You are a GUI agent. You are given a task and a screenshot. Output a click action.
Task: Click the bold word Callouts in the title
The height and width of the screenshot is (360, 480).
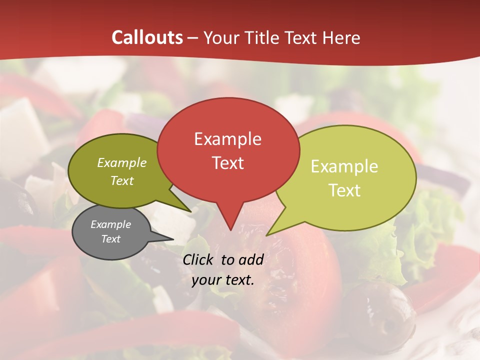147,37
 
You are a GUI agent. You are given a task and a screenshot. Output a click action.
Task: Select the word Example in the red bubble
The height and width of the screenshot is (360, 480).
227,138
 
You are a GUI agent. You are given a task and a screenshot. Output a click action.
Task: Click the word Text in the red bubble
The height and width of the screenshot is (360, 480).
227,162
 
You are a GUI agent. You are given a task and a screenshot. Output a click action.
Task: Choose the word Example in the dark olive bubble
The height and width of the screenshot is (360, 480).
122,162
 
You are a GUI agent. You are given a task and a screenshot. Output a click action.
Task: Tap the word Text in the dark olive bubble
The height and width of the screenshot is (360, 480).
122,180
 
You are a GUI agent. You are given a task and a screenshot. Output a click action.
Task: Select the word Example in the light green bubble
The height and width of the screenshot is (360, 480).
344,166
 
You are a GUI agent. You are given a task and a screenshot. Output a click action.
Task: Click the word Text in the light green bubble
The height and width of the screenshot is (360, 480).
344,190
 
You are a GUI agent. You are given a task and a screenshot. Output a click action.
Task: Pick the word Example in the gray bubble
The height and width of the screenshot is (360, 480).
110,224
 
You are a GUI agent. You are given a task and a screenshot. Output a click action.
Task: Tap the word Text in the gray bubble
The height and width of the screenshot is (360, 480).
110,238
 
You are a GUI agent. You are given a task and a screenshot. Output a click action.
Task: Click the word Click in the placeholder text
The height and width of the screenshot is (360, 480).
199,259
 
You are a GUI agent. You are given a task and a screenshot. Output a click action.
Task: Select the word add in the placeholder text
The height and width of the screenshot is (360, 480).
251,259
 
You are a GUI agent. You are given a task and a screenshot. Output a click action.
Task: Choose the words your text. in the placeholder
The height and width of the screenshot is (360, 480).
223,280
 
